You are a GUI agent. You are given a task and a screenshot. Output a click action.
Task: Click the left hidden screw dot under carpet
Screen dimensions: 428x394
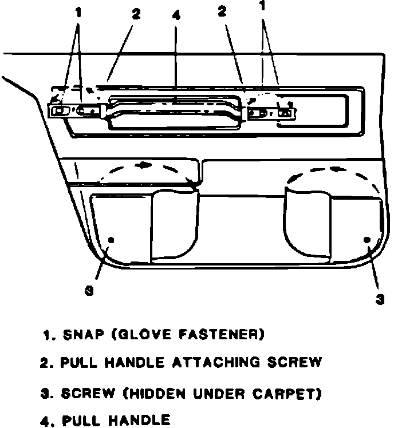pos(111,239)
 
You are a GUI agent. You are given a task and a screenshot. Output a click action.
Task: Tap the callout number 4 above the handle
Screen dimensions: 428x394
pos(175,15)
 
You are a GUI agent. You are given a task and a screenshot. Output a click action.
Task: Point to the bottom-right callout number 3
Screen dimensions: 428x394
pos(381,299)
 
